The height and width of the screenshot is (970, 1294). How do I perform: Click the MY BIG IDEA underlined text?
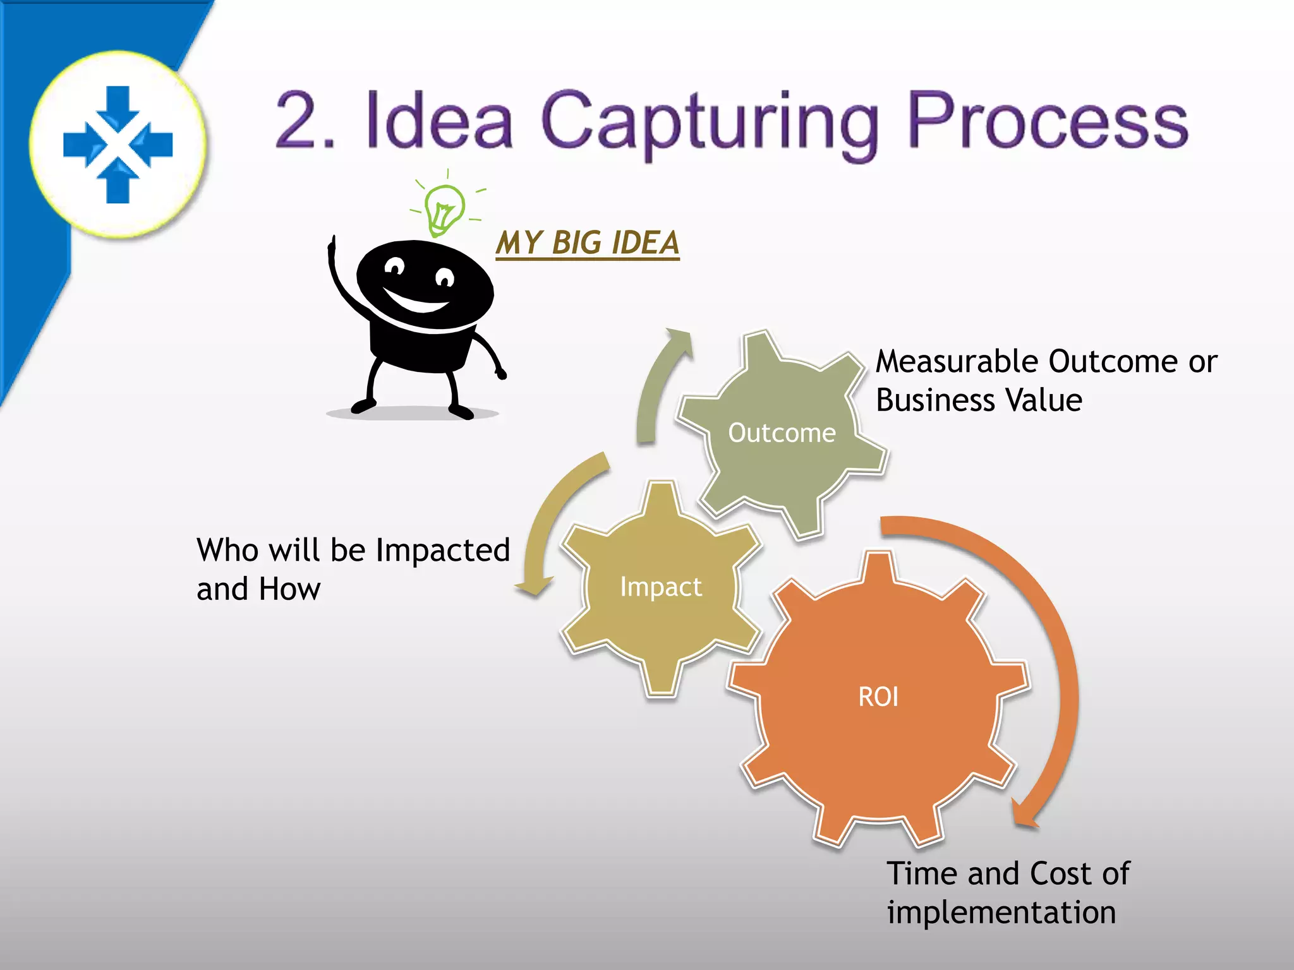(x=587, y=243)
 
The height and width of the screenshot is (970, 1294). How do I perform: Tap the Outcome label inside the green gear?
(x=782, y=433)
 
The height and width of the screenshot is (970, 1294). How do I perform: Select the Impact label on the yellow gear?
(x=661, y=587)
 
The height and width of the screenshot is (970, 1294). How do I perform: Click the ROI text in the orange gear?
(x=878, y=697)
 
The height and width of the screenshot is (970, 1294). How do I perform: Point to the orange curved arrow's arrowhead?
(x=1024, y=813)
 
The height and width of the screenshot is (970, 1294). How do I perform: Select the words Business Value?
(x=979, y=400)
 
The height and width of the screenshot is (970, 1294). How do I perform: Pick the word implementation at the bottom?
(x=1001, y=913)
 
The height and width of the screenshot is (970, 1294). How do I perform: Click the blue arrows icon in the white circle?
(x=118, y=145)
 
